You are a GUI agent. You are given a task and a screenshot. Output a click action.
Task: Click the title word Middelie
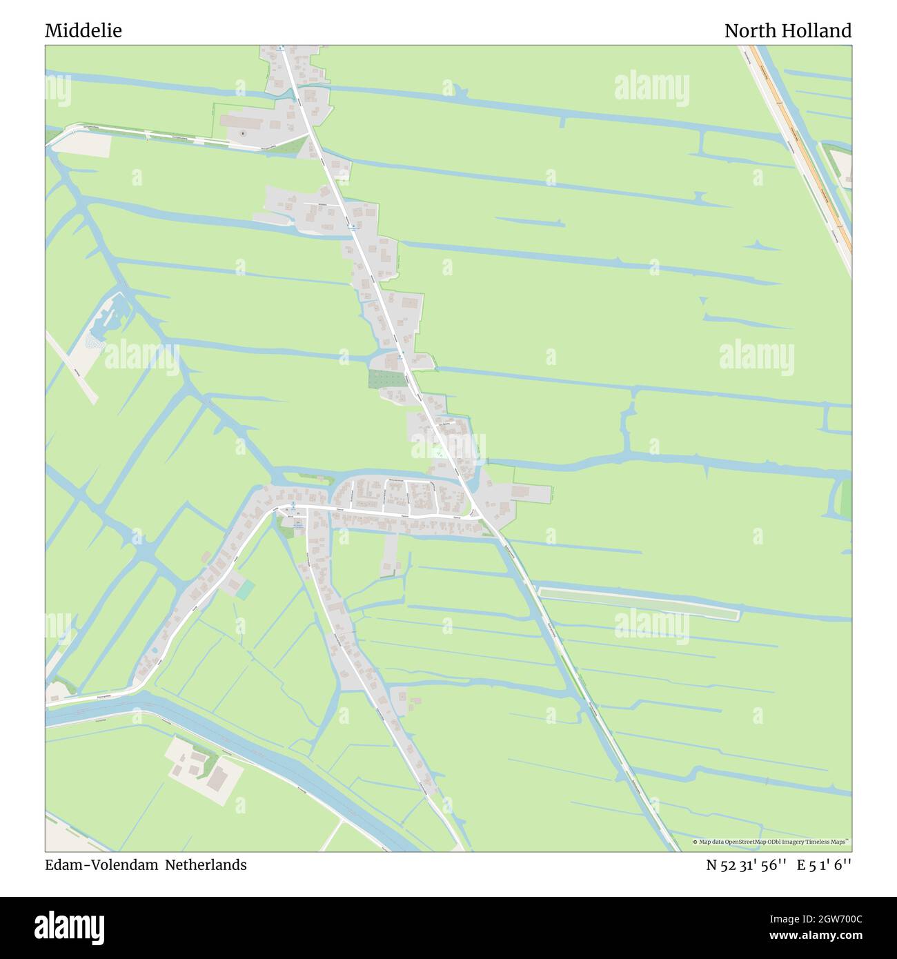(x=83, y=31)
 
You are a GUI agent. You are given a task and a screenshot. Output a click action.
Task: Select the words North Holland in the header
(x=787, y=31)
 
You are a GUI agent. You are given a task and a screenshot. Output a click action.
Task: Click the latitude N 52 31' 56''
(x=746, y=865)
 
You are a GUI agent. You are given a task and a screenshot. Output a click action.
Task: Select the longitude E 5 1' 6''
(x=824, y=865)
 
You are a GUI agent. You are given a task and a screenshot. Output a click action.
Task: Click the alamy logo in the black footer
(x=70, y=926)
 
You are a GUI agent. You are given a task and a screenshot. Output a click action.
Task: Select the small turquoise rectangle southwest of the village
(x=246, y=589)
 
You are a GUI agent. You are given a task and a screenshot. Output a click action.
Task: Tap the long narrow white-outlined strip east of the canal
(x=638, y=601)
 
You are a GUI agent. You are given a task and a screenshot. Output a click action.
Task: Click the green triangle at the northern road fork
(x=298, y=144)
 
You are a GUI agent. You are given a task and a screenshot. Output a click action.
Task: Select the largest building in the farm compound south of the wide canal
(x=219, y=778)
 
